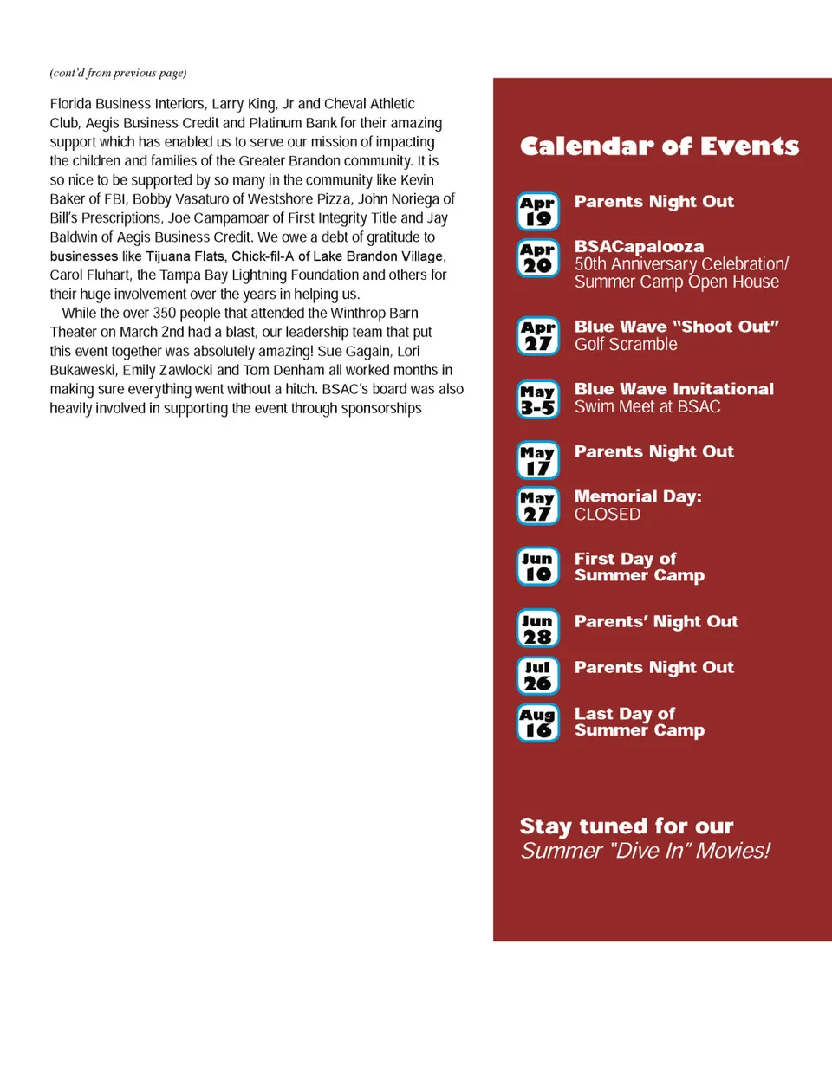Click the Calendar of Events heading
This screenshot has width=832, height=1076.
[659, 146]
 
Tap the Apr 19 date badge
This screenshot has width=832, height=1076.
[538, 211]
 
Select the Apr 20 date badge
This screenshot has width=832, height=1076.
[538, 258]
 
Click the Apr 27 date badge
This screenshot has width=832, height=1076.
[538, 336]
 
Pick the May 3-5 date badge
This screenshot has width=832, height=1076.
[538, 399]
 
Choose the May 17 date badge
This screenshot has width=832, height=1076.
[538, 461]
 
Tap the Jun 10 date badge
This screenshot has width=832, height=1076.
[538, 567]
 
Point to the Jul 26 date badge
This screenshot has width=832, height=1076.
[538, 676]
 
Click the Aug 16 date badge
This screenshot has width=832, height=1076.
[538, 723]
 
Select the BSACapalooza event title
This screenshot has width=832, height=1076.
[639, 247]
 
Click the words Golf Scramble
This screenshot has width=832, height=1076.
[626, 345]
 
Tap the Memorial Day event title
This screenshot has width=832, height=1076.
[638, 496]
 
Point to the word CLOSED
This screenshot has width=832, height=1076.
[608, 515]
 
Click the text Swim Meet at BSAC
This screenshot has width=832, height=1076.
[647, 407]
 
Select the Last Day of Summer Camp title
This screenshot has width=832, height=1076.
[639, 722]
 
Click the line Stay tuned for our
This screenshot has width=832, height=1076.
[627, 826]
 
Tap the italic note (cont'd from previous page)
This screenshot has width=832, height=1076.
[118, 73]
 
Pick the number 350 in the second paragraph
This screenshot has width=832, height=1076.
[165, 314]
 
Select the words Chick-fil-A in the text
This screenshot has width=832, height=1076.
[263, 256]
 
